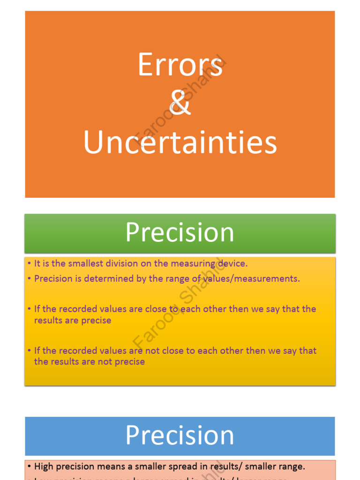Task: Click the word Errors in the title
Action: pos(180,65)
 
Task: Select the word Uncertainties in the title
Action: pos(180,142)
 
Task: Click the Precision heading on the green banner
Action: pos(180,232)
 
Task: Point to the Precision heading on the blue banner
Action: pos(180,435)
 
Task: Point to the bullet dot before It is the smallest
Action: pos(29,264)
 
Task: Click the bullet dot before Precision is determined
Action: pos(29,279)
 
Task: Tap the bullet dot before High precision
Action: pos(29,467)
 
